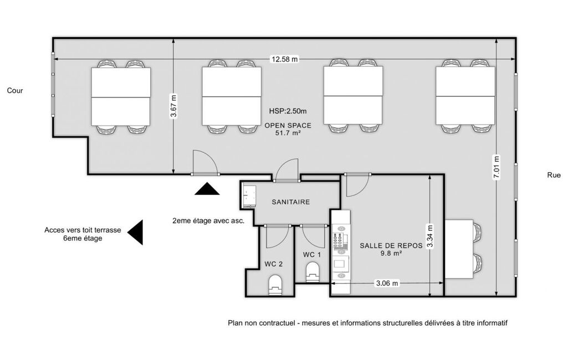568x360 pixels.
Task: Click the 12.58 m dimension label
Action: pyautogui.click(x=285, y=59)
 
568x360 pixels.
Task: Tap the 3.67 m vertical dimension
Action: pyautogui.click(x=174, y=106)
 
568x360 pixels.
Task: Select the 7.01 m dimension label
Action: pyautogui.click(x=497, y=167)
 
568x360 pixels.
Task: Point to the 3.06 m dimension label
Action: pyautogui.click(x=387, y=283)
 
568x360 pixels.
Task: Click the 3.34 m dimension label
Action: pyautogui.click(x=429, y=236)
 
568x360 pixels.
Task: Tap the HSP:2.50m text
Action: pyautogui.click(x=288, y=111)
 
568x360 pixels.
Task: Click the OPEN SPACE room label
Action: pyautogui.click(x=288, y=125)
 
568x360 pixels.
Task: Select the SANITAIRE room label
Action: pyautogui.click(x=291, y=202)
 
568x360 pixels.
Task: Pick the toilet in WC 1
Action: pyautogui.click(x=313, y=271)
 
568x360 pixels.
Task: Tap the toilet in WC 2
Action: pyautogui.click(x=275, y=285)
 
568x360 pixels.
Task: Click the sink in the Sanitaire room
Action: pyautogui.click(x=249, y=196)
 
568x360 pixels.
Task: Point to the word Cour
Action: pyautogui.click(x=15, y=90)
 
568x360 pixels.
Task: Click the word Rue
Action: pyautogui.click(x=554, y=175)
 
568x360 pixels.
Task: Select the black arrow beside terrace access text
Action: pyautogui.click(x=135, y=232)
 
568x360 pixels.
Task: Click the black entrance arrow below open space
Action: pyautogui.click(x=207, y=189)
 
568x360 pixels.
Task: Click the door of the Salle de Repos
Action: pyautogui.click(x=357, y=185)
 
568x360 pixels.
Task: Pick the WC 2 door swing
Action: pyautogui.click(x=278, y=236)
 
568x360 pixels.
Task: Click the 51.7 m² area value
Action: pyautogui.click(x=288, y=133)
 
